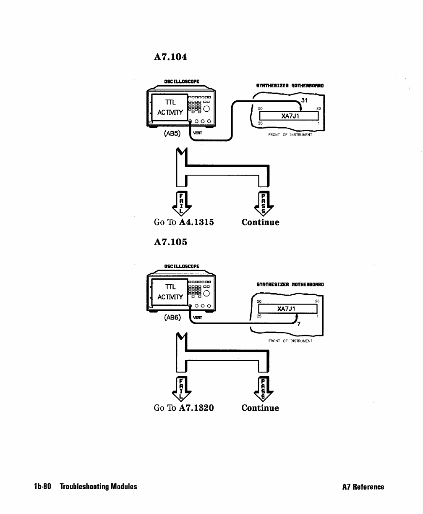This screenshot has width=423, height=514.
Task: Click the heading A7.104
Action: tap(170, 57)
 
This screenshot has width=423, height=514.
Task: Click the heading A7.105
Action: tap(170, 242)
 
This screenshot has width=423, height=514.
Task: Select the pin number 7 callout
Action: tap(298, 324)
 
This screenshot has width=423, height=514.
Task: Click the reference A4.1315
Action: tap(196, 222)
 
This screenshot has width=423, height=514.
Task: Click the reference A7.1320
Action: tap(196, 408)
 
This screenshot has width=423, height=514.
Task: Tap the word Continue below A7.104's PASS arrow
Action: tap(260, 222)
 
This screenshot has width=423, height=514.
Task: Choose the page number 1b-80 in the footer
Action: tap(42, 487)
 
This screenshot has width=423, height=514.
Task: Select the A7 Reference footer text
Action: tap(363, 487)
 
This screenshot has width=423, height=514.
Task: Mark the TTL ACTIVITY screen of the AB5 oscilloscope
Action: tap(169, 107)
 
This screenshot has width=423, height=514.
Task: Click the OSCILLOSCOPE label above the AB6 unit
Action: tap(182, 266)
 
